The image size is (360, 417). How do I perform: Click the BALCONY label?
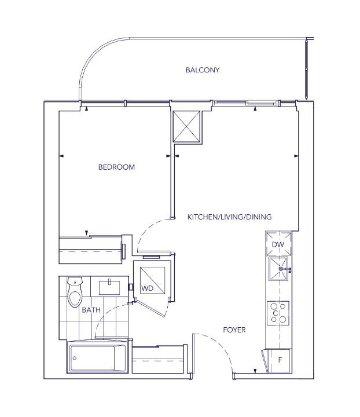coord(203,70)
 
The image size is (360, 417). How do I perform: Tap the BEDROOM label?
coord(116,167)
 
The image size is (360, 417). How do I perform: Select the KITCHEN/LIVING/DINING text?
coord(230,217)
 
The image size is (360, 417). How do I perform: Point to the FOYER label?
coord(234,330)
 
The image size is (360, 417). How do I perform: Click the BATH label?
coord(91,310)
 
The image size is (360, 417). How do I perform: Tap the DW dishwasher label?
coord(278,244)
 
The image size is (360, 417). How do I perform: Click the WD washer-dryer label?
coord(147,288)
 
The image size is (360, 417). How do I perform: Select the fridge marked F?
coord(280,360)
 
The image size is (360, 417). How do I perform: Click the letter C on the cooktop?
coord(275,313)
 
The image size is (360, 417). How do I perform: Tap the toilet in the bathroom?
coord(75,291)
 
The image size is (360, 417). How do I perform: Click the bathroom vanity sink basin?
coord(109,287)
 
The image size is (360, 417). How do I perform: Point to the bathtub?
coord(97,358)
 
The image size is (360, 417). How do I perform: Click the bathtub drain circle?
coord(75,358)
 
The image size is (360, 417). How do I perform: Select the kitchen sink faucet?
coord(285,269)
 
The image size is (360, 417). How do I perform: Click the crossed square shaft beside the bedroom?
coord(186,126)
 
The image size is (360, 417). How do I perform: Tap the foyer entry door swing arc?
coord(218,345)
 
